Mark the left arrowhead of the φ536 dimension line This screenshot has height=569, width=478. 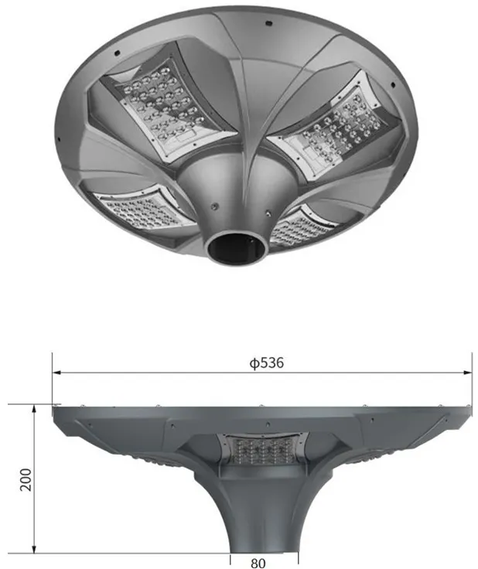[x=56, y=373]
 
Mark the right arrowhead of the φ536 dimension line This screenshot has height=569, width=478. [x=469, y=373]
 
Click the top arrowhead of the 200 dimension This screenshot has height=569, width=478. [x=34, y=407]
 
